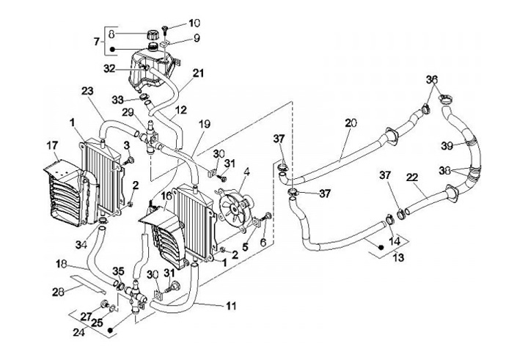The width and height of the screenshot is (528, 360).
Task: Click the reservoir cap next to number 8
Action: (x=153, y=34)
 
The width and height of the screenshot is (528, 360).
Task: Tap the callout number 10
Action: (x=194, y=23)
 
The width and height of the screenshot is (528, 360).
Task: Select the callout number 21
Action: (x=198, y=73)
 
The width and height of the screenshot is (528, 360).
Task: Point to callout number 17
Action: (x=52, y=146)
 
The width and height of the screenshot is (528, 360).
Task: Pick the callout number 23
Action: (x=87, y=91)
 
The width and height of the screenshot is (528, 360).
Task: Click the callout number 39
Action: (x=447, y=146)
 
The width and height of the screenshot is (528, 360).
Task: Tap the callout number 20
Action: (x=351, y=123)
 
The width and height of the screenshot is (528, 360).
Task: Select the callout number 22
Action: (x=412, y=177)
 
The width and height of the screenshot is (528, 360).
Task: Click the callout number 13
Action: (x=398, y=258)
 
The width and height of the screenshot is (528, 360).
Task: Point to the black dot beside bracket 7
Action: (x=113, y=50)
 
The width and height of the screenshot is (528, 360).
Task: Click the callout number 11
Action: (x=231, y=306)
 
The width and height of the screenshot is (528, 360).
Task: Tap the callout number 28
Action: (x=58, y=292)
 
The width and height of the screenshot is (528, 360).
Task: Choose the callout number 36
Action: (x=432, y=80)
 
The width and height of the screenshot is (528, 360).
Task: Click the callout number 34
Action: (x=81, y=245)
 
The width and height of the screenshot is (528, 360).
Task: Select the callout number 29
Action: (x=128, y=113)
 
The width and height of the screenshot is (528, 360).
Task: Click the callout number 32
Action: (x=109, y=69)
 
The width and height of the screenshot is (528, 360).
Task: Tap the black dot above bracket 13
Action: (x=381, y=248)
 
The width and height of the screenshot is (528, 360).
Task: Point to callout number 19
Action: (x=205, y=124)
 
